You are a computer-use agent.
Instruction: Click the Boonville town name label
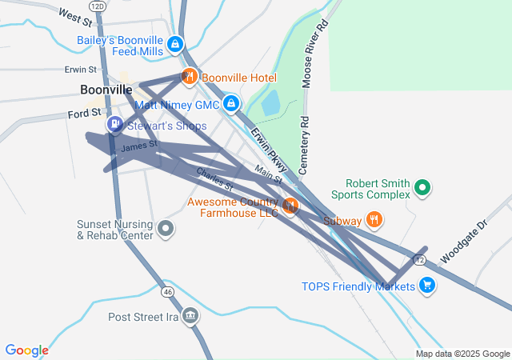point(106,90)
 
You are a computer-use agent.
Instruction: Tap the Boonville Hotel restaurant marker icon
point(189,77)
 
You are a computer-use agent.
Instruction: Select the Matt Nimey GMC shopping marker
point(231,104)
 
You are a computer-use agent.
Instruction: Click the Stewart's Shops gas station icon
point(115,125)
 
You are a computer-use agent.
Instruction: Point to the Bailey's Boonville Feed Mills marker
point(176,46)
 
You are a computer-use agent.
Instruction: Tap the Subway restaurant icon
point(374,219)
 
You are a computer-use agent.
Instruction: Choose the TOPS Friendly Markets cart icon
point(426,285)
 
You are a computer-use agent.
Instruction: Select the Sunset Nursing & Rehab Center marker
point(166,230)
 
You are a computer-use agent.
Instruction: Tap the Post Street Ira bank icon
point(190,316)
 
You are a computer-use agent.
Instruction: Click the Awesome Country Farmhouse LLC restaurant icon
point(290,206)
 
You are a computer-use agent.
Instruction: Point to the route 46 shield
point(167,292)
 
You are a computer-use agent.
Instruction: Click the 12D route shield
point(98,6)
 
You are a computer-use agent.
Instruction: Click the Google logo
point(27,350)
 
